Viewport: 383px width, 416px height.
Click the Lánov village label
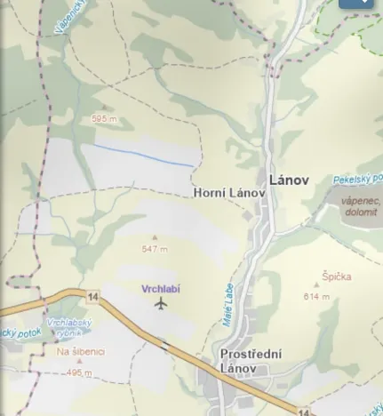[289, 180]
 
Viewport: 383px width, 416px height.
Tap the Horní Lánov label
[229, 192]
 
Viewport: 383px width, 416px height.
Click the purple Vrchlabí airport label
[161, 289]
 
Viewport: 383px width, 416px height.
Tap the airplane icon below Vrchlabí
[161, 304]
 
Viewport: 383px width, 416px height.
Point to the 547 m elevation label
[155, 249]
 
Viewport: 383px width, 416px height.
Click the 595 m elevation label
[104, 118]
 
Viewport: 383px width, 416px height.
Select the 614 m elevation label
[315, 297]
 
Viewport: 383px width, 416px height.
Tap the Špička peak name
[337, 276]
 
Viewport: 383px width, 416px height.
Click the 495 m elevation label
[79, 373]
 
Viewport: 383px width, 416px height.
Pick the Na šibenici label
[81, 352]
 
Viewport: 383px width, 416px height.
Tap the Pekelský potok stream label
[357, 179]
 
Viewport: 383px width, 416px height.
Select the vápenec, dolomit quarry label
[360, 206]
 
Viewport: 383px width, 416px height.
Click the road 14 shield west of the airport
[92, 295]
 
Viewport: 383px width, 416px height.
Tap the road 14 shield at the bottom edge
[304, 412]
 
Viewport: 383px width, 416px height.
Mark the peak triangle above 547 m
[155, 237]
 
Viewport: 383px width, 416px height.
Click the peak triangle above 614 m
[315, 286]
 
